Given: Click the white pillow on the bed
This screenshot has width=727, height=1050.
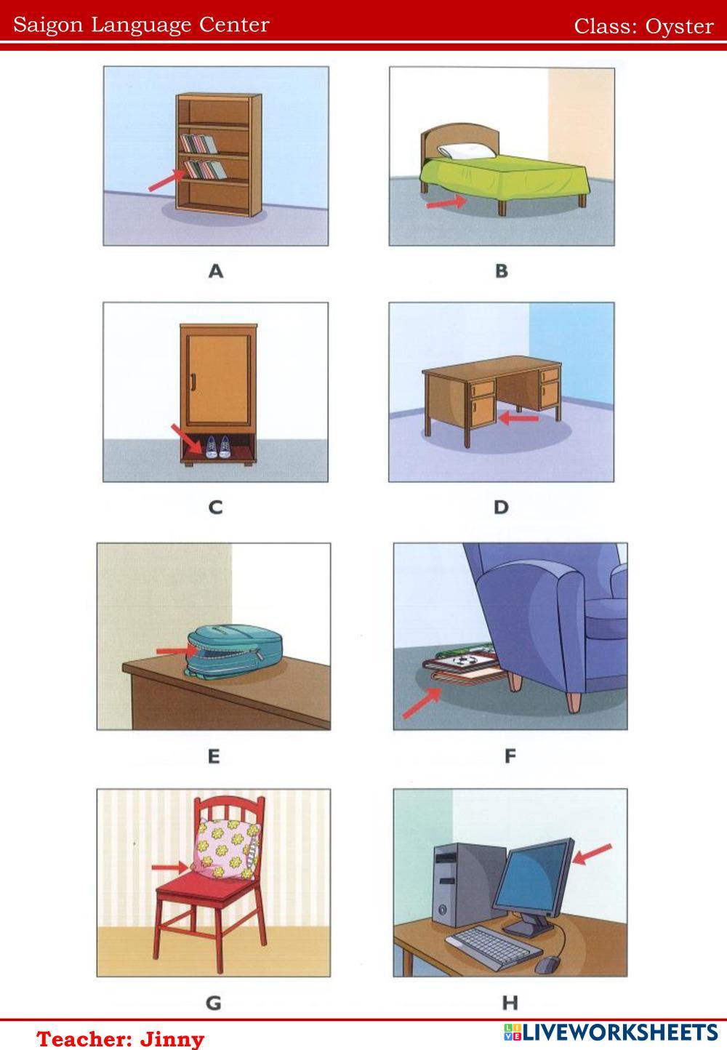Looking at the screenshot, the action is [x=467, y=151].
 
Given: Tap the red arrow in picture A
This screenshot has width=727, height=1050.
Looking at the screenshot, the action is [x=167, y=180].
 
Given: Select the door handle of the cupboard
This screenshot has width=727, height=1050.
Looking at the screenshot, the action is [x=193, y=382].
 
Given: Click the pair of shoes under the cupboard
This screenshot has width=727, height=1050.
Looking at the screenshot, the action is [x=218, y=446].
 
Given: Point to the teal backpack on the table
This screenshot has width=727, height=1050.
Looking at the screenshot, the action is [x=234, y=651].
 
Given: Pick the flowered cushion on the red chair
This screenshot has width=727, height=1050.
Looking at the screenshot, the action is [x=226, y=849].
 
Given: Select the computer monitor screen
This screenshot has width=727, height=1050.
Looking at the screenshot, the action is [x=532, y=877].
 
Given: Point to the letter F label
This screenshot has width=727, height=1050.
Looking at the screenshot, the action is [x=510, y=756].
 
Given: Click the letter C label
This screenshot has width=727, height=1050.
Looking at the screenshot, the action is [x=215, y=508].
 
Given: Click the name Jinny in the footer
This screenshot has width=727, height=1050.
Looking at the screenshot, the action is [x=172, y=1039].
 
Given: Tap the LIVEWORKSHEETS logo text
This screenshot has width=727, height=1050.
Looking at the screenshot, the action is [x=619, y=1033].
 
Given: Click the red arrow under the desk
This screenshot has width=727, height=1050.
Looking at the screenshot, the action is [x=518, y=417].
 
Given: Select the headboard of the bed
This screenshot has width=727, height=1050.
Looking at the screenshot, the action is [x=460, y=139].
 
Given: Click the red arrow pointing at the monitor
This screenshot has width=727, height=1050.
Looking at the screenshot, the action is [x=592, y=854].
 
